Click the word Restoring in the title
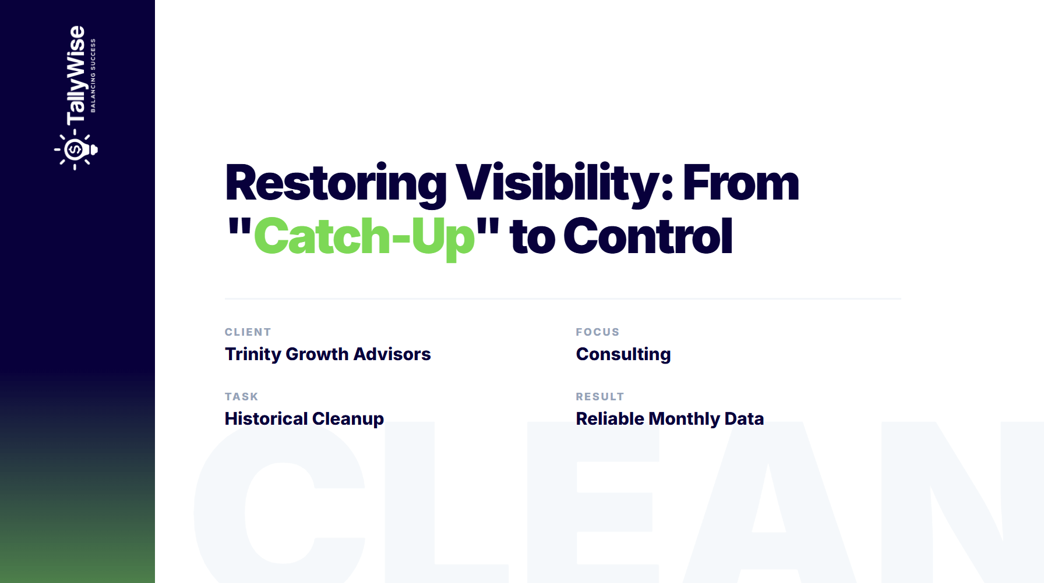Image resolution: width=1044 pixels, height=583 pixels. click(x=336, y=184)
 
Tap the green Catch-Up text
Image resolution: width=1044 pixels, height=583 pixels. click(x=364, y=237)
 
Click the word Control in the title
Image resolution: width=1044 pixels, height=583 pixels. click(x=648, y=237)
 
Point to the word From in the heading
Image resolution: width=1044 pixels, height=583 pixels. click(x=740, y=184)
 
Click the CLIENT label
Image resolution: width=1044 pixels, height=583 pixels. click(x=248, y=332)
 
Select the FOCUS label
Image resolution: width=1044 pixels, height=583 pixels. click(x=597, y=332)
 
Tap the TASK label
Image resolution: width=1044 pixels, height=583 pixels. click(x=241, y=397)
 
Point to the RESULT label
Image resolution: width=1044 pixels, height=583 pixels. click(x=599, y=397)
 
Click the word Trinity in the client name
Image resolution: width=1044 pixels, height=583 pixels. click(x=253, y=354)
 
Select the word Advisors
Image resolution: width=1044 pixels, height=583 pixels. click(x=392, y=354)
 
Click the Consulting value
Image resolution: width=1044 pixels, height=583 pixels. click(x=623, y=354)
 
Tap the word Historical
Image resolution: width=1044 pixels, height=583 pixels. click(x=266, y=419)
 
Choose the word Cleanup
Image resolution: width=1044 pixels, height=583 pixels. click(x=348, y=419)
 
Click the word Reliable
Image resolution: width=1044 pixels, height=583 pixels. click(x=609, y=419)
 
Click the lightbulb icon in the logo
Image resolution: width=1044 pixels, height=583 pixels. click(x=76, y=151)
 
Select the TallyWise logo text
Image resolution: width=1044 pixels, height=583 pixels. click(x=76, y=76)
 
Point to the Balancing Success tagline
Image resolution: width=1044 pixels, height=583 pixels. click(x=93, y=76)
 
